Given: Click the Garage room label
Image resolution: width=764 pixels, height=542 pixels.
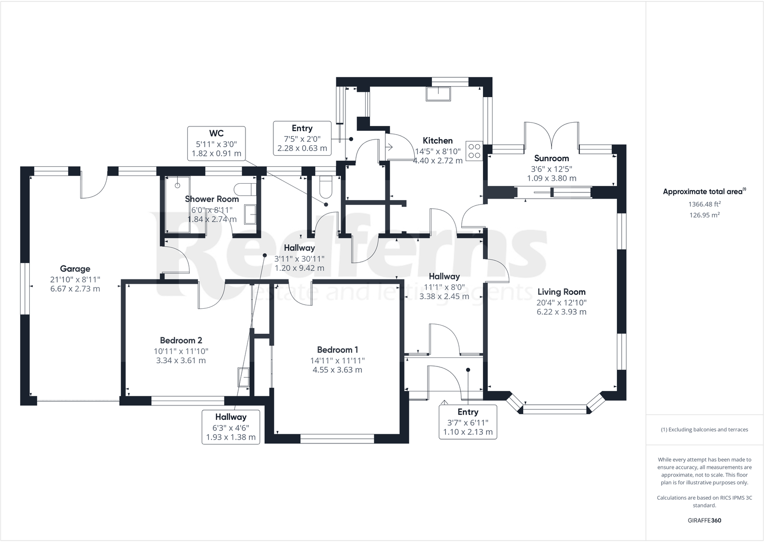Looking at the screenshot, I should [75, 269].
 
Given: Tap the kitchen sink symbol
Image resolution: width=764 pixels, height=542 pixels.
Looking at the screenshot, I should [438, 93].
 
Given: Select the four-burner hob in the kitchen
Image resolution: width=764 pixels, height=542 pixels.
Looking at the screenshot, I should [474, 151].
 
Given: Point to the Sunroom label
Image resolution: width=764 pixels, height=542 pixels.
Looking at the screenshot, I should [551, 158].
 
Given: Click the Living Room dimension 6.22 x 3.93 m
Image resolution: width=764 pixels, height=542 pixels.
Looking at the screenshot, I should [561, 312].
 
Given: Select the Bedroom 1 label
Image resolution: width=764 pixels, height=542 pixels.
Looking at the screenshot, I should [337, 350].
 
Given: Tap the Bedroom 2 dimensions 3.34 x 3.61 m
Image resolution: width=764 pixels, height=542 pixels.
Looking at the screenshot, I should [181, 360].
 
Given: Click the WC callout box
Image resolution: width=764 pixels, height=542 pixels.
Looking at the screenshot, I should [216, 143].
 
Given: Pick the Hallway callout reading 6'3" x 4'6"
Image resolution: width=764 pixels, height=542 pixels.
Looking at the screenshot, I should [231, 427].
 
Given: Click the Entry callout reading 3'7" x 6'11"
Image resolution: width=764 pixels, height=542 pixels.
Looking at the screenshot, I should [468, 422].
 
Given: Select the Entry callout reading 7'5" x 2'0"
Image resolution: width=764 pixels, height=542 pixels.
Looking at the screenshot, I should [302, 138].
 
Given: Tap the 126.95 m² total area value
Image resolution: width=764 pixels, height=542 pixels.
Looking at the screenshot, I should [704, 215].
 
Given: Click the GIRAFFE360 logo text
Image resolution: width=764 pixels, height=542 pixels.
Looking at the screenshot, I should [704, 520].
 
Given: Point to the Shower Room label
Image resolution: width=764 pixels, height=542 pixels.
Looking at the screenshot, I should [212, 199].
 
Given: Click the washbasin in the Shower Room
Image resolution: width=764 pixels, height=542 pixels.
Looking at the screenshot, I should [250, 214].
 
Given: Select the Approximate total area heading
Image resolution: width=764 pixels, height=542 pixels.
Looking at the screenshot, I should [704, 191].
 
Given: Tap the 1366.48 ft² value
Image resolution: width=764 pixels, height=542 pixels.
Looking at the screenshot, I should [704, 204].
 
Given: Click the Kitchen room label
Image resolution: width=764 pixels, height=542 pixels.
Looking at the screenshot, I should [437, 140].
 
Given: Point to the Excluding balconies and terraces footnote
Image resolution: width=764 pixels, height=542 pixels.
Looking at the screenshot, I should [704, 429].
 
